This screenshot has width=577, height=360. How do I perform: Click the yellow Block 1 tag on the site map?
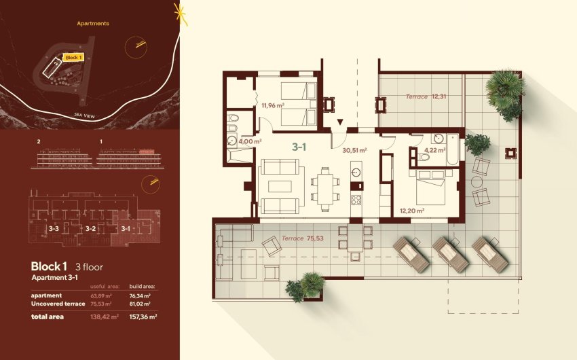tap(73, 58)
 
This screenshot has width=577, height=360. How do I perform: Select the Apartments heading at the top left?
tap(93, 23)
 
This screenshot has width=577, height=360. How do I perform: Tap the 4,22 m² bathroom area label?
tap(434, 151)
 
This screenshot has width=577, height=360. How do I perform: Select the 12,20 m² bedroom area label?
tap(412, 211)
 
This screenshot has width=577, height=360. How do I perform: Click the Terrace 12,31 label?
tap(426, 96)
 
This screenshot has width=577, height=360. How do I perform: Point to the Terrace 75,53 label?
tap(303, 238)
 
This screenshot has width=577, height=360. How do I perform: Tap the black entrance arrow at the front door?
tap(339, 123)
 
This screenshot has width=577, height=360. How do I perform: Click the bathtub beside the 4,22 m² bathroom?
tap(451, 149)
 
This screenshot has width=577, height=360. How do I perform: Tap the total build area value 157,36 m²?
tap(143, 317)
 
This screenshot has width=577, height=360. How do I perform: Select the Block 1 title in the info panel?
tap(50, 266)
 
